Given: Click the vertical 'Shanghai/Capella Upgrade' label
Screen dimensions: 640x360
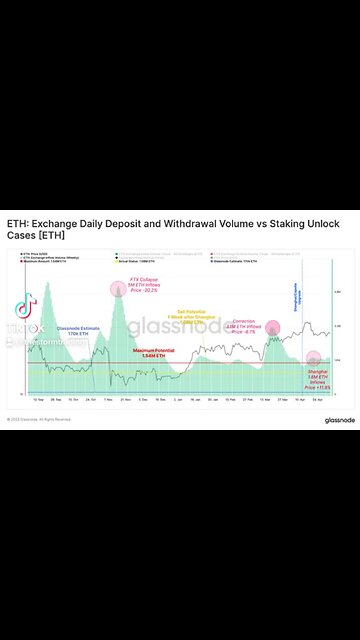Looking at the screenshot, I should coord(295,297).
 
